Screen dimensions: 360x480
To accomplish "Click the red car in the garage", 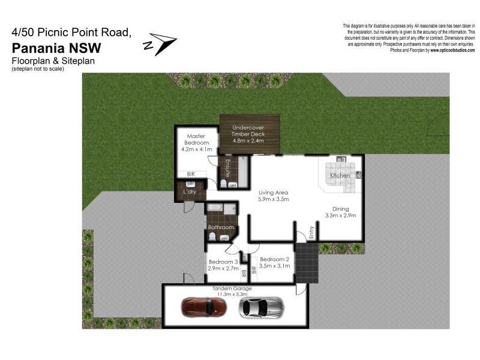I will [203, 307].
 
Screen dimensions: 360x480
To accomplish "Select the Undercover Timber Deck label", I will [248, 128].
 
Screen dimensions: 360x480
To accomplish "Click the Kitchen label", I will [340, 175].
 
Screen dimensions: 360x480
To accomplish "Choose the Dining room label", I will [340, 209].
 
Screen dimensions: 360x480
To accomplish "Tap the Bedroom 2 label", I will [275, 259].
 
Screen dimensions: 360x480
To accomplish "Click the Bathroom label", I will [221, 227].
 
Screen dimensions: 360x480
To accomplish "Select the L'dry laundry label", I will [190, 192].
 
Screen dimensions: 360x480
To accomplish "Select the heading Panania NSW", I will [56, 47].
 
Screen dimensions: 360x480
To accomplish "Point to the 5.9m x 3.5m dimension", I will [274, 199].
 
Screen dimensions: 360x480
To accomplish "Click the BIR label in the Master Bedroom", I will [191, 174].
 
